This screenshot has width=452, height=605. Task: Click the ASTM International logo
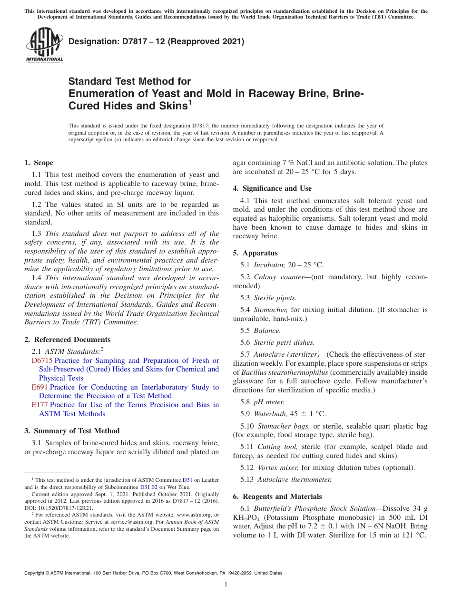[x=44, y=45]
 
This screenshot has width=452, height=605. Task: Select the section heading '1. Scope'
[x=39, y=163]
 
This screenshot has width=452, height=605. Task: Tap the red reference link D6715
[x=42, y=361]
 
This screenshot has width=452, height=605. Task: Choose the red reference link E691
[x=39, y=387]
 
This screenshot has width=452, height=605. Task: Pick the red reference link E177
[x=39, y=405]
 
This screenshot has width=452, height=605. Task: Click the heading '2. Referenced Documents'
[x=68, y=340]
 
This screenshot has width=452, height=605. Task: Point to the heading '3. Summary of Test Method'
[x=72, y=431]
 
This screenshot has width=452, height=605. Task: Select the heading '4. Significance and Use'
[x=272, y=188]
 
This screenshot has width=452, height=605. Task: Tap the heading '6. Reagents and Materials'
[x=277, y=496]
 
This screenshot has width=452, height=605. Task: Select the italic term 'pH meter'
[x=269, y=402]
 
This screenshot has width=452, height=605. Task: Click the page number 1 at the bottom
[x=226, y=585]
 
